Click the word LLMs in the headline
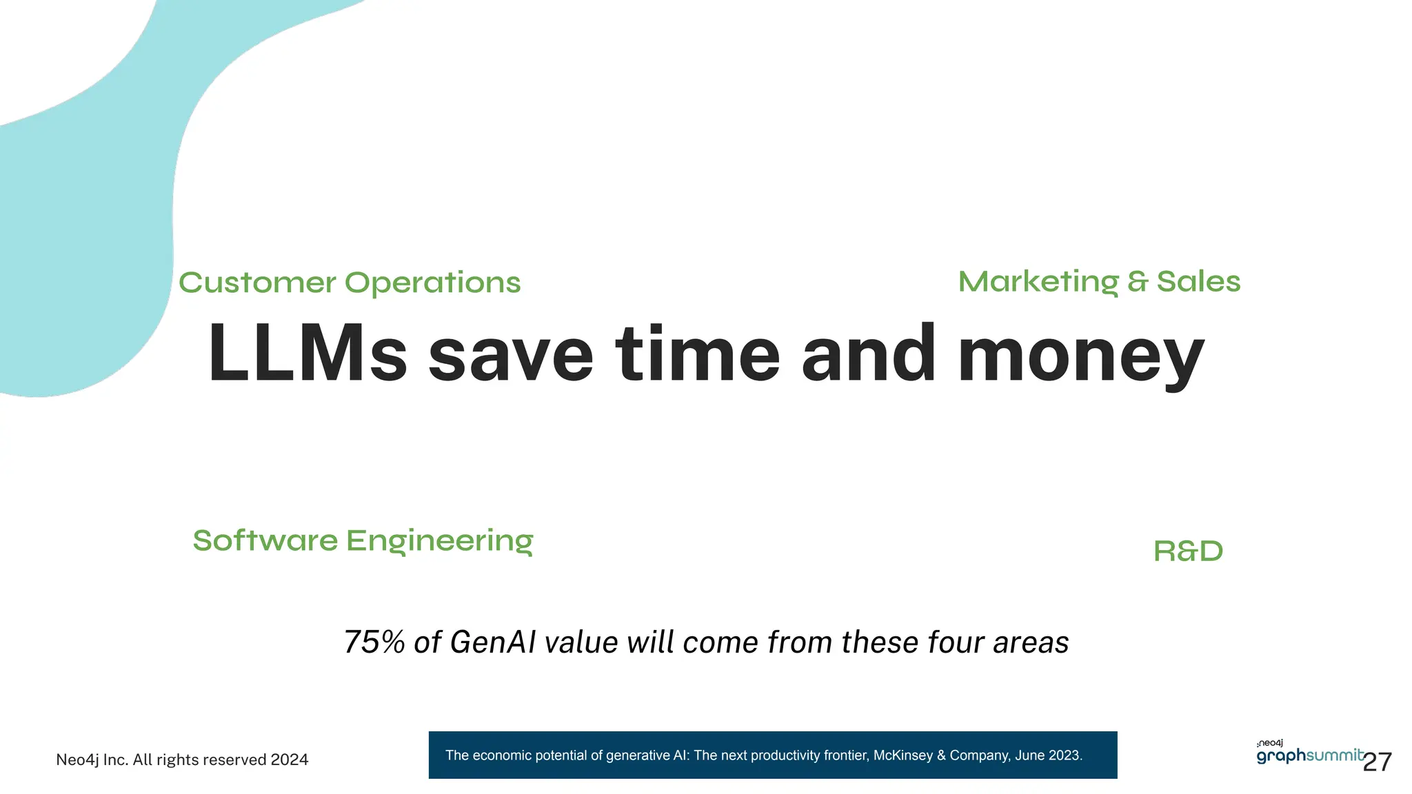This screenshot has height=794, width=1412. point(307,354)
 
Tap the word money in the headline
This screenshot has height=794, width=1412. point(1080,357)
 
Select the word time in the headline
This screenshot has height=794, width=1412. point(697,354)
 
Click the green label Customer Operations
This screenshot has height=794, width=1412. point(350,283)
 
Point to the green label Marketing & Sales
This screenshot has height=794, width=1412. point(1099,282)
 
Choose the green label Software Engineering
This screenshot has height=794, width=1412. point(363,541)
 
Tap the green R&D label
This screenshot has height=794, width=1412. point(1188,551)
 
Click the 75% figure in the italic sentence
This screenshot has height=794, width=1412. point(374,642)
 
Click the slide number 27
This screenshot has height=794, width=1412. point(1378,762)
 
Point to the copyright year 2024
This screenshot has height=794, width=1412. point(290,760)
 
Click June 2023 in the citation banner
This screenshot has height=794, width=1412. point(1048,755)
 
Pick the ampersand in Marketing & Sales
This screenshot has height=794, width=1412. point(1138,282)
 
